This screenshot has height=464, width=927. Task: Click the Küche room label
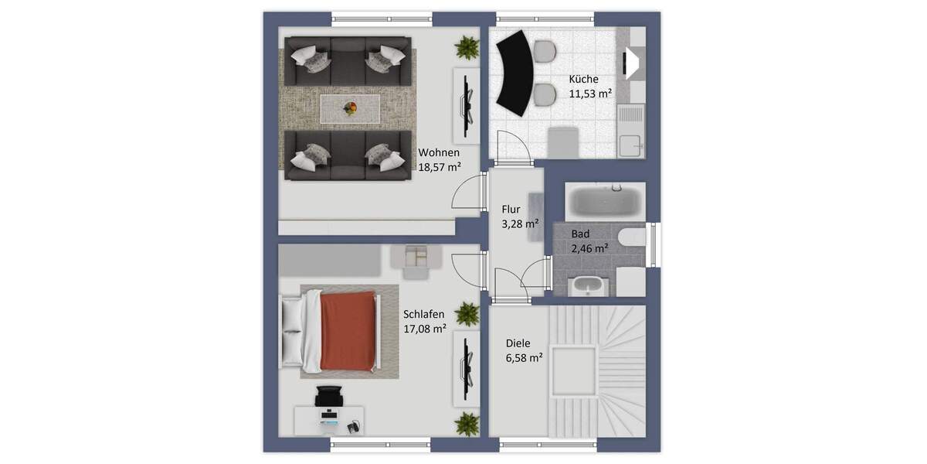tap(583, 79)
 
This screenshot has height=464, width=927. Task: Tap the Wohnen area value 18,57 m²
tap(440, 166)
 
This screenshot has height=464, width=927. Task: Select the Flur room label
tap(511, 210)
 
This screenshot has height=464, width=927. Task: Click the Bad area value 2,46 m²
tap(589, 248)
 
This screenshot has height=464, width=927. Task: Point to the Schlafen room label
tap(423, 314)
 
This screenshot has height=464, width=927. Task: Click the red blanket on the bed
tap(348, 332)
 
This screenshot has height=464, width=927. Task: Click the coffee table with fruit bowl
tap(350, 108)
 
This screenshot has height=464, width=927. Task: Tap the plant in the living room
tap(467, 48)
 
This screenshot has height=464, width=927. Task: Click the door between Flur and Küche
tap(513, 149)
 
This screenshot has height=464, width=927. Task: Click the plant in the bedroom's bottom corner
tap(467, 423)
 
